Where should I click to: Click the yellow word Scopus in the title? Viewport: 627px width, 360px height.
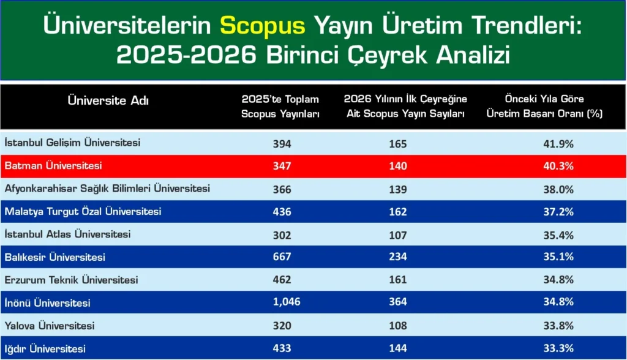click(x=262, y=25)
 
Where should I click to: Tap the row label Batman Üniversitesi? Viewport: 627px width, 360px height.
click(x=53, y=166)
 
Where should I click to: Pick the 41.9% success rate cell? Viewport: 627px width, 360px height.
click(x=558, y=144)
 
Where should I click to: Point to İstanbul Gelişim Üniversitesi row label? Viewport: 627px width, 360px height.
click(x=72, y=143)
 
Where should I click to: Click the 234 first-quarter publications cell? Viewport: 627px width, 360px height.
click(x=397, y=257)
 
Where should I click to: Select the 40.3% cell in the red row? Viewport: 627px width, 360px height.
click(x=558, y=166)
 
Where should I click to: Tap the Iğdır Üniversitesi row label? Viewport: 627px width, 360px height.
click(x=45, y=349)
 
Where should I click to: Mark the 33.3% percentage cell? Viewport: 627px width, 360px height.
click(x=558, y=348)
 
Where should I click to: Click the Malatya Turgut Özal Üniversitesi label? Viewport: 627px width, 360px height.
click(x=83, y=212)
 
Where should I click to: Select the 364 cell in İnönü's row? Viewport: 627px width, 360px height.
click(x=397, y=302)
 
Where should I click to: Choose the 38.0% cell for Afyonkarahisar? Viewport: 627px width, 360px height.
click(x=558, y=189)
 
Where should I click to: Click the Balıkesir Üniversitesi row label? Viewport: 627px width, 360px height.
click(x=55, y=257)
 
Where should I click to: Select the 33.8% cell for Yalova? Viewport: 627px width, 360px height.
click(x=558, y=326)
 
